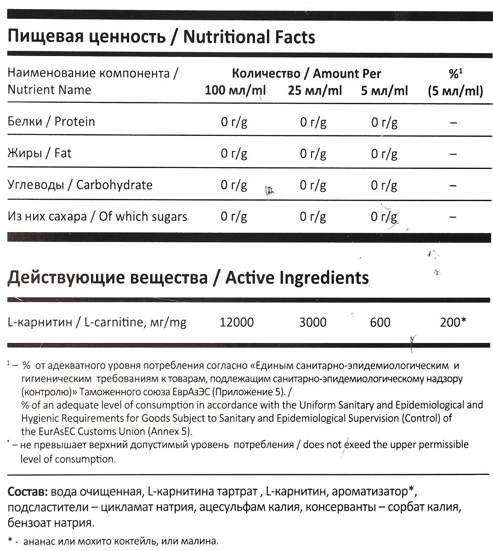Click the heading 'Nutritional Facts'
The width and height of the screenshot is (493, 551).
[249, 37]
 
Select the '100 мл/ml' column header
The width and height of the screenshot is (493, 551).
[235, 90]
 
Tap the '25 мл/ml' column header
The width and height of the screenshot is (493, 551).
[315, 90]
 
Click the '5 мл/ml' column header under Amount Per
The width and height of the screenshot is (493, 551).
[384, 90]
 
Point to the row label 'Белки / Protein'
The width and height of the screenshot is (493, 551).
[51, 122]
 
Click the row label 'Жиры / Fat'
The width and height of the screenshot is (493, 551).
[40, 153]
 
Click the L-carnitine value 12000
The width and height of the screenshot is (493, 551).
[237, 322]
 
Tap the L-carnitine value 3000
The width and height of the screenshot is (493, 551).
[313, 322]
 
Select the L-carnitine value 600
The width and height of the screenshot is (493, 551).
[380, 322]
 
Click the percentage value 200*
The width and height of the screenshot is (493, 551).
[453, 322]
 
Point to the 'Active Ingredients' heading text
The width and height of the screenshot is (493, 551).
[297, 278]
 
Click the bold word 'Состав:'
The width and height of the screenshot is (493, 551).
[28, 493]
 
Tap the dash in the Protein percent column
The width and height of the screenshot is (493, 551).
[453, 123]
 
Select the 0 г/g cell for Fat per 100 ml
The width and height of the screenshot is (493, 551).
[234, 154]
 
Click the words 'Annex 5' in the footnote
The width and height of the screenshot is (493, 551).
[173, 431]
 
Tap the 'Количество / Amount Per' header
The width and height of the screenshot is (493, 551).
[306, 73]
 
